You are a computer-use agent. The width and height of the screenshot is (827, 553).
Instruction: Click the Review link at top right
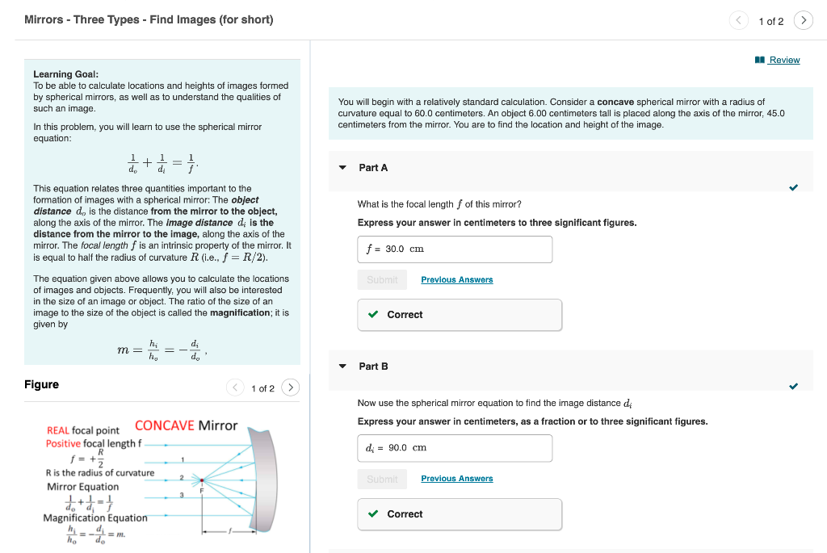(783, 60)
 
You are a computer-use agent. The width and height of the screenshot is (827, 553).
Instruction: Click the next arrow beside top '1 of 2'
(803, 21)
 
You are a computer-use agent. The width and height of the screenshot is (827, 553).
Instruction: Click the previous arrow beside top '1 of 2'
(739, 21)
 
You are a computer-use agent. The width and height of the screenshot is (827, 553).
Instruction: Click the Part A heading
(373, 167)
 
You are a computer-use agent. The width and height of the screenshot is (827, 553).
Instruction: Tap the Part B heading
(373, 366)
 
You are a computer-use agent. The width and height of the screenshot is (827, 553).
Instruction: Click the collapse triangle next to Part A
(342, 168)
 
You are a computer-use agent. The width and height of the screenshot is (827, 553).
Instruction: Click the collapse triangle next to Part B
(342, 367)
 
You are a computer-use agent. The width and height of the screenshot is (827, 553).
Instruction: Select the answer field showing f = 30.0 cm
(455, 249)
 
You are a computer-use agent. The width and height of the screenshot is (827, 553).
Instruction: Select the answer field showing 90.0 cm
(455, 448)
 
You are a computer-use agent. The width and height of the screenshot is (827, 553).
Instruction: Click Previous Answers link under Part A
(456, 280)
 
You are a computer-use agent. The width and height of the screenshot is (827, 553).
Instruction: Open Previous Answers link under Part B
(456, 479)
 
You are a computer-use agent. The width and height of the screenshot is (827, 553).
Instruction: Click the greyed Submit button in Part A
(382, 280)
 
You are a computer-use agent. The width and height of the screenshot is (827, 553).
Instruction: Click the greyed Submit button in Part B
(382, 479)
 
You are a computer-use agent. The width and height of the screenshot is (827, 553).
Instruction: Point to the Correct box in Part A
(459, 315)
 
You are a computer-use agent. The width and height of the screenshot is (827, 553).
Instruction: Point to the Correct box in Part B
(459, 514)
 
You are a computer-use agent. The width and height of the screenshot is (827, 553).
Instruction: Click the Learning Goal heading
(65, 74)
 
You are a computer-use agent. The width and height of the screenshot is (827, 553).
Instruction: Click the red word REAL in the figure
(57, 431)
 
